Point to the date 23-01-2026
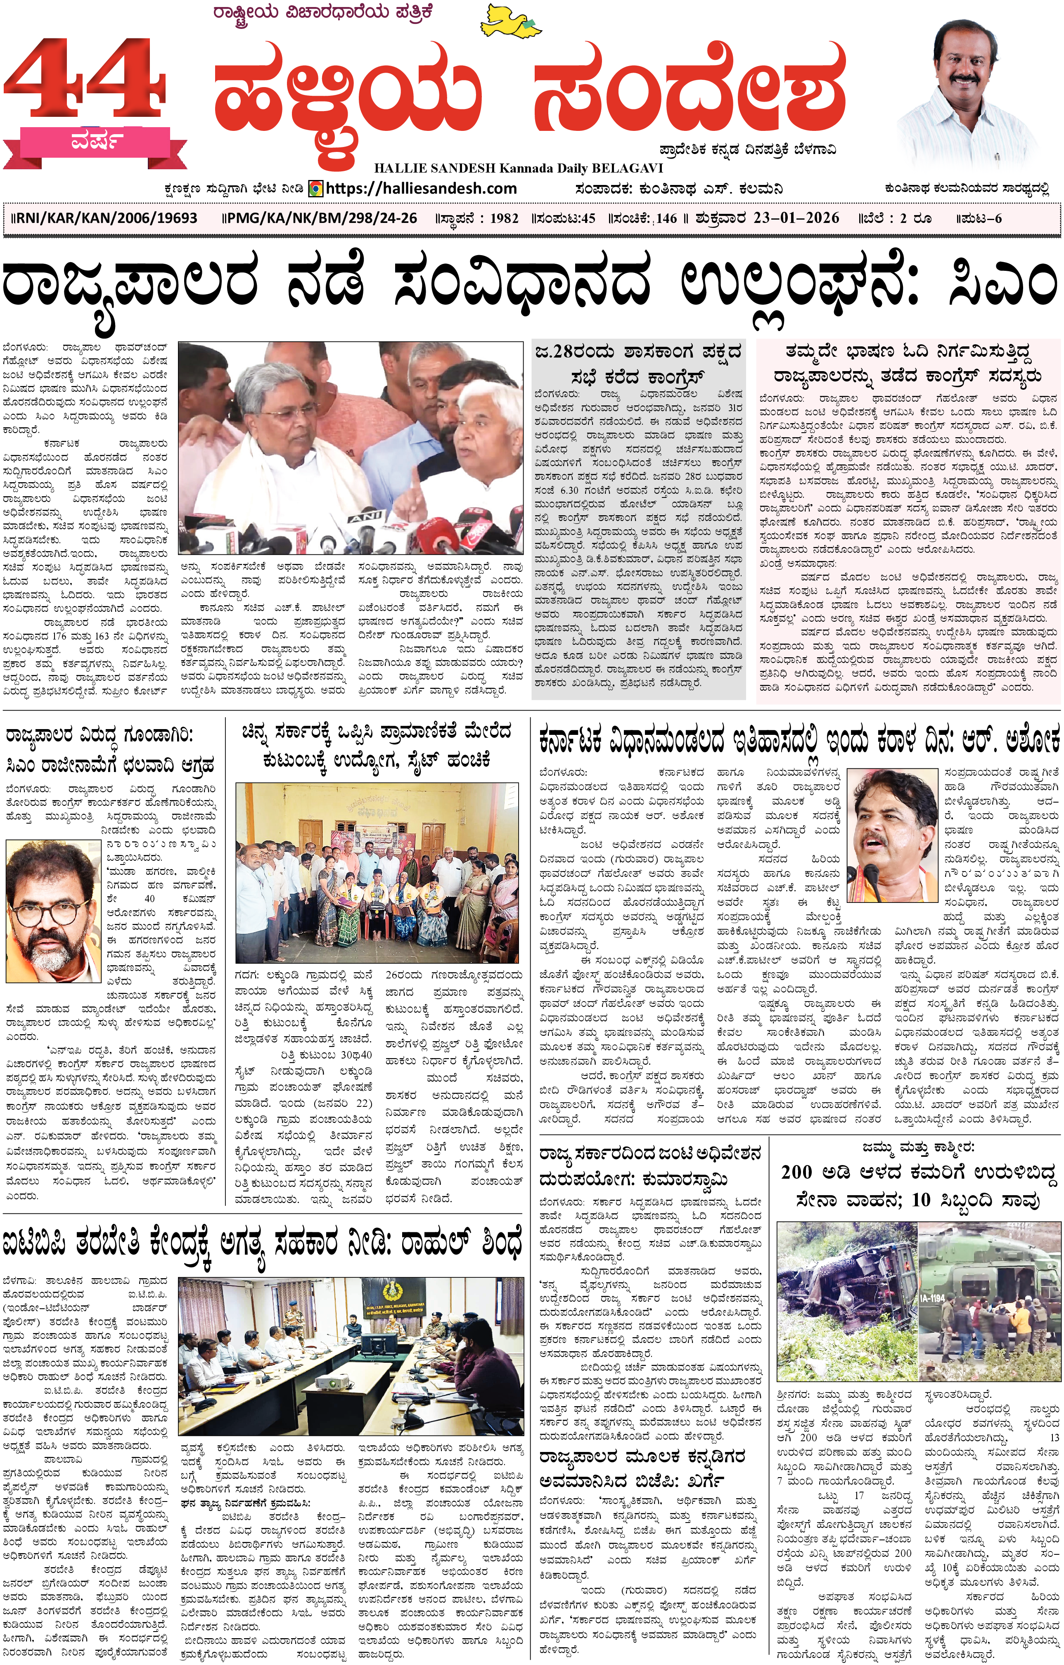(796, 218)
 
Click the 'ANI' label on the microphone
(366, 516)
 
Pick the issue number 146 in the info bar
(666, 218)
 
